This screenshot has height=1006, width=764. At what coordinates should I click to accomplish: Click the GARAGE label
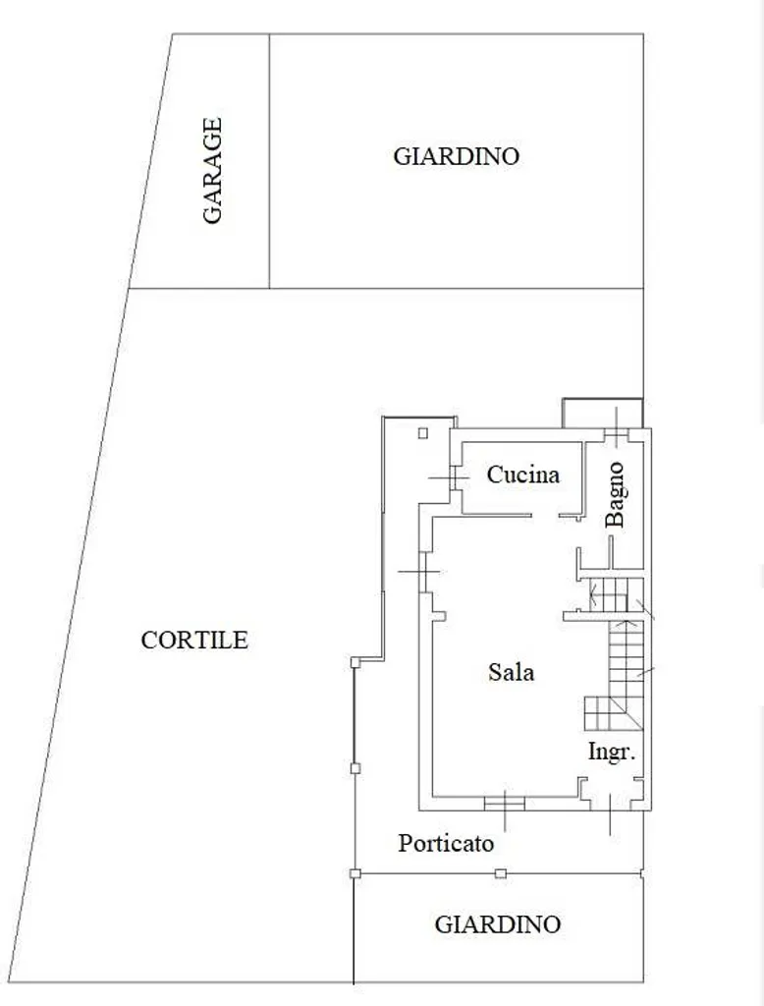212,171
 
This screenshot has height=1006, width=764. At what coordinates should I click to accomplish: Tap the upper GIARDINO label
456,156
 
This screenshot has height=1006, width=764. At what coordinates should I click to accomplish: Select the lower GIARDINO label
498,924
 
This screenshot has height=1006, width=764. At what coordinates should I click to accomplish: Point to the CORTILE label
194,641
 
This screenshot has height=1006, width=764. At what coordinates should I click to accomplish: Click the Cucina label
522,475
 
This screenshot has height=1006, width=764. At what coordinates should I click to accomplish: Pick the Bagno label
615,495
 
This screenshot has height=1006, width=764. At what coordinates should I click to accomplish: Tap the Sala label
511,672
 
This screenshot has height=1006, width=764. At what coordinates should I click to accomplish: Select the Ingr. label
612,752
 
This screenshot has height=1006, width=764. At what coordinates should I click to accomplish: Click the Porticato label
446,843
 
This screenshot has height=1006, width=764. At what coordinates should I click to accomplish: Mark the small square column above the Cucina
422,433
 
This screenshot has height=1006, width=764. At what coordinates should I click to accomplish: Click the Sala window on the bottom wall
504,804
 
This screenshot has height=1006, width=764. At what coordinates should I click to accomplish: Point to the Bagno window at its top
616,435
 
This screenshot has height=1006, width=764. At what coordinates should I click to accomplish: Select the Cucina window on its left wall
454,477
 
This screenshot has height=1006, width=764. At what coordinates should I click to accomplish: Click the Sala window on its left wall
422,572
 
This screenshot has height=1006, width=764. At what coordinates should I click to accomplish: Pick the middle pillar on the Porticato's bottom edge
501,873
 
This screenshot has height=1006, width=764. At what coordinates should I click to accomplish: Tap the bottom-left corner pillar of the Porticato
355,873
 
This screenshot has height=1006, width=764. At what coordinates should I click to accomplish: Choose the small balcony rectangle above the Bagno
602,414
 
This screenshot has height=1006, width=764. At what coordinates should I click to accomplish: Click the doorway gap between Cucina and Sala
545,515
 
